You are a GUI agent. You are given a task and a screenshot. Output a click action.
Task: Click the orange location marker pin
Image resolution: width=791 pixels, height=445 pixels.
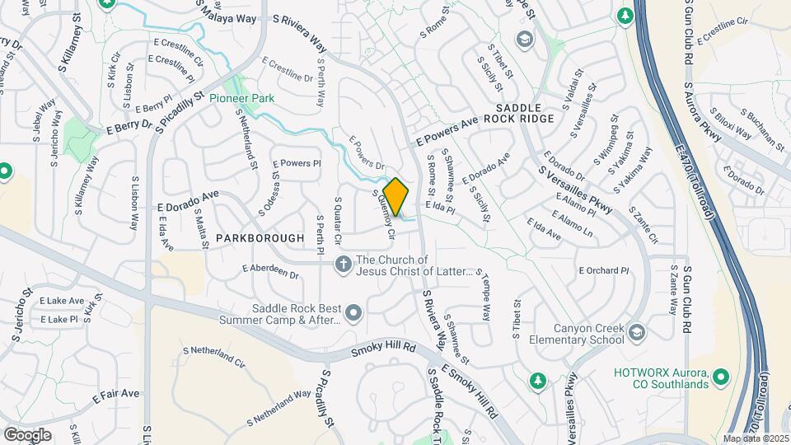coord(396,196)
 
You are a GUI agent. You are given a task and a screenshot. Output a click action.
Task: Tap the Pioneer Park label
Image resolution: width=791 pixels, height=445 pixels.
coord(241,98)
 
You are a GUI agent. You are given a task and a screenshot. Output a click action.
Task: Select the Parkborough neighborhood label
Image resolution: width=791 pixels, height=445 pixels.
coord(260,237)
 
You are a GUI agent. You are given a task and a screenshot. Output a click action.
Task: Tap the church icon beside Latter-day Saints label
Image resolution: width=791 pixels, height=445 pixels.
coord(343,264)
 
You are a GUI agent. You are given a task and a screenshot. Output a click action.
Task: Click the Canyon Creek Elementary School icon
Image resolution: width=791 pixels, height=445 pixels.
coord(636,332)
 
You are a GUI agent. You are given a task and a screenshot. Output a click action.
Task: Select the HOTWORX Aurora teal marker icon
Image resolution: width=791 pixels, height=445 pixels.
coord(721,377)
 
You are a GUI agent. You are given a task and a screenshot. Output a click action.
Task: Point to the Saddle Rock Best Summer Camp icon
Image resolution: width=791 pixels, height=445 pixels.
coord(353,313)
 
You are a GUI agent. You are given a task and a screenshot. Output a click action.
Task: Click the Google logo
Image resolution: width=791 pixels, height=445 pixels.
coord(27,434)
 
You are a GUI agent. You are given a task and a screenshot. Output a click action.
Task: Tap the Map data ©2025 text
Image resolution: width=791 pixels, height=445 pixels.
coord(755,438)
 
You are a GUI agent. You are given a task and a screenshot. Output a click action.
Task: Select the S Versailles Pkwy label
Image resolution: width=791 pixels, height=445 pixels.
coord(576,190)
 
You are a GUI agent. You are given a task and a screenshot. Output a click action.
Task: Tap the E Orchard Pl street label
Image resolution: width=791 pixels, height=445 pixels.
coord(604,270)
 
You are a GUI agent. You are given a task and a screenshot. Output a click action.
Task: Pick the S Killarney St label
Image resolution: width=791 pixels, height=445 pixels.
coord(73,52)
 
